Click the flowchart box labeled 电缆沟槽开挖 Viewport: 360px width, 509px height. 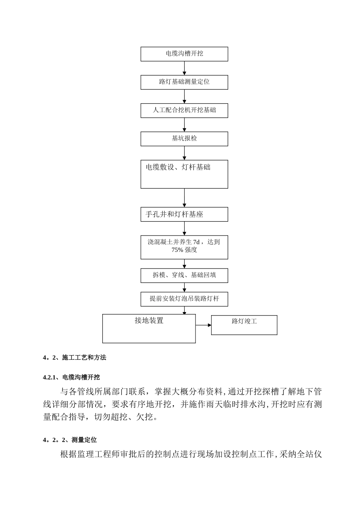pyautogui.click(x=184, y=54)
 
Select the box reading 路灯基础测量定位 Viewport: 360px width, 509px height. pyautogui.click(x=184, y=82)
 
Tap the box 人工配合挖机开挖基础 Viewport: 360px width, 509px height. pyautogui.click(x=184, y=110)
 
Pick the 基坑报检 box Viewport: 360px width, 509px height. pyautogui.click(x=184, y=139)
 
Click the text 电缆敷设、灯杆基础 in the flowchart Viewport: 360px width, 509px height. pyautogui.click(x=178, y=167)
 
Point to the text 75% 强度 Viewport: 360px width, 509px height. pyautogui.click(x=184, y=250)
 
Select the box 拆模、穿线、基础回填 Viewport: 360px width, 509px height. pyautogui.click(x=184, y=275)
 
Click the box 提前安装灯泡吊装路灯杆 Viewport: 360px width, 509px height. pyautogui.click(x=184, y=299)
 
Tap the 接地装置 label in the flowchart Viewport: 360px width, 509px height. pyautogui.click(x=149, y=320)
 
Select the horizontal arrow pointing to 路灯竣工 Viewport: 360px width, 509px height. pyautogui.click(x=203, y=325)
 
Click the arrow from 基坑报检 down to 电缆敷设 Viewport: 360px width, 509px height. pyautogui.click(x=185, y=153)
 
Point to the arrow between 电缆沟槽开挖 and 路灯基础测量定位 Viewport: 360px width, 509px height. pyautogui.click(x=185, y=68)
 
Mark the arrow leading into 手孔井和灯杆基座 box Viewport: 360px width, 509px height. pyautogui.click(x=185, y=198)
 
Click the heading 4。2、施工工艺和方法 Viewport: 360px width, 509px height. pyautogui.click(x=75, y=358)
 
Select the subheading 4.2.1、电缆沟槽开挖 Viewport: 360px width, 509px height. pyautogui.click(x=72, y=377)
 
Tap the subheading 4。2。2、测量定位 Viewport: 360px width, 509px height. pyautogui.click(x=70, y=440)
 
